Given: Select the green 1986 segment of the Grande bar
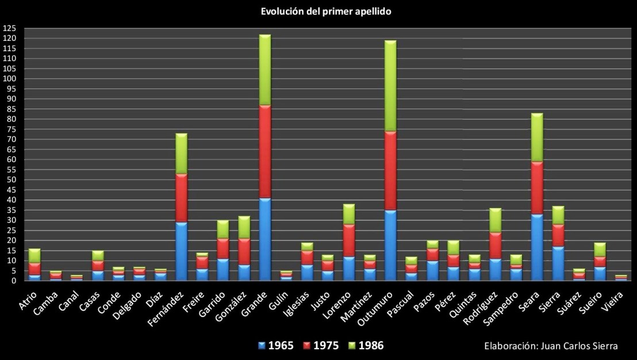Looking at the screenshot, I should tap(265, 70).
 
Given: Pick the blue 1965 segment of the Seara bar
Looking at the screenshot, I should tap(538, 247).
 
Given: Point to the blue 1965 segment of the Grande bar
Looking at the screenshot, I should tap(265, 239).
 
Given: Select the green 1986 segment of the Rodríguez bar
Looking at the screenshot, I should tap(496, 220).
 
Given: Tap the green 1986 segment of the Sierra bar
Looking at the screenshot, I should tap(558, 215).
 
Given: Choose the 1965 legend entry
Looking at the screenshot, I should tap(276, 346).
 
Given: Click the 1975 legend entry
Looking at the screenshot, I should tap(321, 346).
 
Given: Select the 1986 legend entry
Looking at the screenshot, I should tap(366, 346).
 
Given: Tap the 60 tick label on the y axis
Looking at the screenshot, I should tap(11, 160).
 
